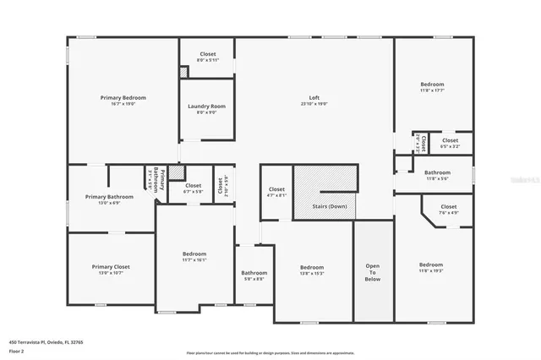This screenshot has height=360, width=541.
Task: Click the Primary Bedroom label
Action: [123, 98]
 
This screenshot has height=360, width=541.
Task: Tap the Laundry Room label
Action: [206, 106]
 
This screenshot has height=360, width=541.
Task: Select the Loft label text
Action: [314, 98]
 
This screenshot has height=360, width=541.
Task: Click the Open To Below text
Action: [373, 272]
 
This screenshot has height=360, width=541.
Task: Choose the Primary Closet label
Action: [111, 266]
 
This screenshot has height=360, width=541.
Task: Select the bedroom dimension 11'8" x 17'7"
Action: [432, 90]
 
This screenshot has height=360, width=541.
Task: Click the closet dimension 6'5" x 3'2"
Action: [450, 146]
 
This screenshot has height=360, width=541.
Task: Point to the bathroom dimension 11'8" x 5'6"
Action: [437, 178]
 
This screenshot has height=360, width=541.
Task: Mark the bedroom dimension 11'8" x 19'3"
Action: [431, 270]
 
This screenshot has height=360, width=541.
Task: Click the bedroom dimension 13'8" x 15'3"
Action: [312, 274]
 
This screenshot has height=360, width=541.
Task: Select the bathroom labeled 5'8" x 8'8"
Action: [254, 278]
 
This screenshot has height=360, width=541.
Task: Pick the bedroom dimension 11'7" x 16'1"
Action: [194, 260]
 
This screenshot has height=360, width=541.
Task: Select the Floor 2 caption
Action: [16, 350]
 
